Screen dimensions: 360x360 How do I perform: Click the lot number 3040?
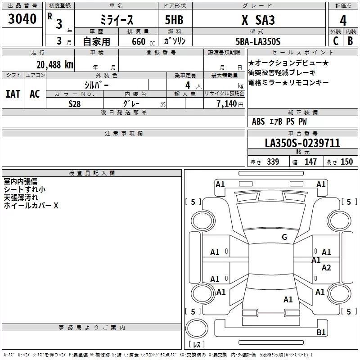click(x=22, y=19)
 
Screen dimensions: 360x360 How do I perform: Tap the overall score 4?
click(x=343, y=21)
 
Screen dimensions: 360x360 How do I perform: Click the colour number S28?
click(x=74, y=103)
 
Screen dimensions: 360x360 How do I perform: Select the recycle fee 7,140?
click(x=230, y=103)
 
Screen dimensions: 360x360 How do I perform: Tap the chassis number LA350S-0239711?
click(x=302, y=143)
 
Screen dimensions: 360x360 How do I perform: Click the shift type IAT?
click(x=13, y=94)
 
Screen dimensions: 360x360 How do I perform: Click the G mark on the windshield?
click(x=284, y=237)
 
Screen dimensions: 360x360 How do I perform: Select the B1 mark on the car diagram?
click(x=321, y=333)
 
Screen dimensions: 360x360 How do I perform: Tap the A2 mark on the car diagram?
click(x=326, y=268)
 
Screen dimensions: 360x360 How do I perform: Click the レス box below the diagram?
click(x=197, y=345)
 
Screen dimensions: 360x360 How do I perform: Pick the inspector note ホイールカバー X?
click(x=31, y=206)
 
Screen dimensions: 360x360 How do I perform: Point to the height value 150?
click(x=346, y=162)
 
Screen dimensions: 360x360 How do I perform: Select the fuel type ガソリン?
click(x=175, y=41)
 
